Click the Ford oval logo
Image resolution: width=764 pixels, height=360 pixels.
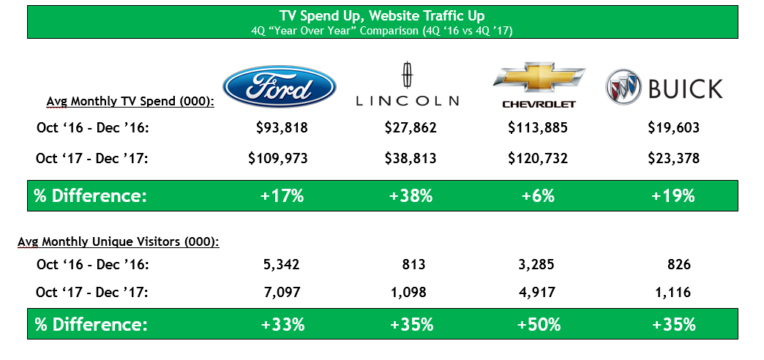(x=279, y=86)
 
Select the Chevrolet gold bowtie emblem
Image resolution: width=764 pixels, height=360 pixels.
(x=539, y=80)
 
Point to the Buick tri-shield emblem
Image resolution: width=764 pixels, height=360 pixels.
(x=624, y=88)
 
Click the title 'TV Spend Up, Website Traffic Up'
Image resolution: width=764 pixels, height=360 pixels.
(x=382, y=15)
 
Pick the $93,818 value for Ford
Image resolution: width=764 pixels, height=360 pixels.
(x=282, y=128)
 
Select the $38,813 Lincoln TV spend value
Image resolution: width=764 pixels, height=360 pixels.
(x=410, y=157)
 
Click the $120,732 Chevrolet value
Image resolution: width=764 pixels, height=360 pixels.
(x=538, y=157)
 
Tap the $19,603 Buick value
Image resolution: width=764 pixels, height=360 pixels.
(x=673, y=128)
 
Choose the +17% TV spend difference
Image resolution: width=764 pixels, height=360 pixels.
(x=282, y=195)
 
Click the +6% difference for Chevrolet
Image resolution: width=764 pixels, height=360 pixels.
(x=538, y=195)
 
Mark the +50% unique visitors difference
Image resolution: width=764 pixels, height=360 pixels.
(x=538, y=324)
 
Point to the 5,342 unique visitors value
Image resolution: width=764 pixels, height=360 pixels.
(x=282, y=264)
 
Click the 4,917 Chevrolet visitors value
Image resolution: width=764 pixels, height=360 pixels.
(x=538, y=293)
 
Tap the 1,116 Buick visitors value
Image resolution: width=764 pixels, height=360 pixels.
(x=673, y=293)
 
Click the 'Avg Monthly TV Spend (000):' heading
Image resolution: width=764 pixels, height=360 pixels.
(x=130, y=102)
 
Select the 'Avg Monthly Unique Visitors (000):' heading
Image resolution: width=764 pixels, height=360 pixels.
(x=118, y=241)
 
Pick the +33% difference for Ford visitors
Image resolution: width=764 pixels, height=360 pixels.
(x=282, y=324)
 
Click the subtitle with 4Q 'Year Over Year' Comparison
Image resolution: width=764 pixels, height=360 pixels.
(x=382, y=31)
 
